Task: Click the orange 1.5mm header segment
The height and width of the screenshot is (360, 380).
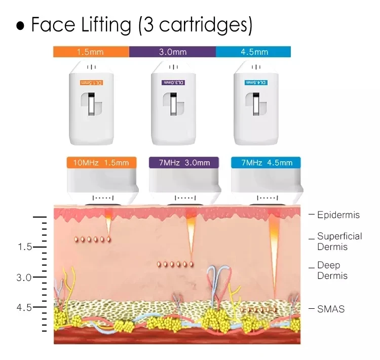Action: [91, 52]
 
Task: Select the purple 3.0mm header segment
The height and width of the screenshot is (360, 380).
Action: [172, 52]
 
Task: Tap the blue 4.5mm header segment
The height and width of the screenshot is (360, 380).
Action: [253, 52]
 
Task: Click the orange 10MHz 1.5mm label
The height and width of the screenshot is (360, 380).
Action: [101, 163]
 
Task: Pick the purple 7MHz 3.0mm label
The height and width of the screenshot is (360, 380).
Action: [184, 163]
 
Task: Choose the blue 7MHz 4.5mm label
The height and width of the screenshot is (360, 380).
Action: [265, 163]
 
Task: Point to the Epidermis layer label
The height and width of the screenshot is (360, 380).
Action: [338, 215]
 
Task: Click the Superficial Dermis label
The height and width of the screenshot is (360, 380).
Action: [339, 241]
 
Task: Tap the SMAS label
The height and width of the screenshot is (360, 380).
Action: [330, 308]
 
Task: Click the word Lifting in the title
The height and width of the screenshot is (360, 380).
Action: [106, 24]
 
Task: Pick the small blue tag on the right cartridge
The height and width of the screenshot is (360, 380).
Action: [256, 82]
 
